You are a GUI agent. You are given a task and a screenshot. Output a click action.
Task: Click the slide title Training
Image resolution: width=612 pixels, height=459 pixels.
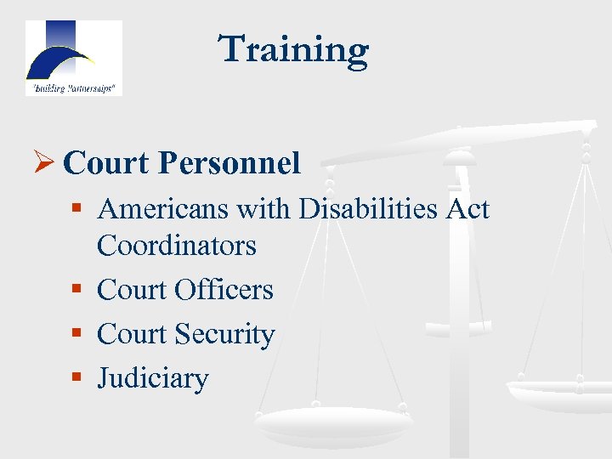click(x=294, y=49)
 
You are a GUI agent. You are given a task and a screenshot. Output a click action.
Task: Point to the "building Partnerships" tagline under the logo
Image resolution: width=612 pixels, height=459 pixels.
click(x=73, y=88)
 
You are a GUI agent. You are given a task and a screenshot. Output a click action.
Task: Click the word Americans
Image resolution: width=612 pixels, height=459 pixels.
click(x=155, y=208)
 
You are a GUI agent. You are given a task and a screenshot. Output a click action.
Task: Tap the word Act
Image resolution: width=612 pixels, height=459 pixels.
click(x=468, y=208)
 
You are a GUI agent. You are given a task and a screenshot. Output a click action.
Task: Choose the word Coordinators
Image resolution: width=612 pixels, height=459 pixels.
click(x=176, y=246)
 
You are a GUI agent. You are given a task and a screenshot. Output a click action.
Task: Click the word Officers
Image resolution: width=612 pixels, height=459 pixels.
click(x=224, y=290)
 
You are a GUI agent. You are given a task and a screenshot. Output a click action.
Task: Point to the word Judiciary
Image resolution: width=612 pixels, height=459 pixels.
click(x=152, y=378)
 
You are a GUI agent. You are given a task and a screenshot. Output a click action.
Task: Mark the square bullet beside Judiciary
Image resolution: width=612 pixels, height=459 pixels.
click(x=78, y=377)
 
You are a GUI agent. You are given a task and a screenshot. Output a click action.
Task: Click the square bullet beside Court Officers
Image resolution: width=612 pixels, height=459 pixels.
click(x=78, y=288)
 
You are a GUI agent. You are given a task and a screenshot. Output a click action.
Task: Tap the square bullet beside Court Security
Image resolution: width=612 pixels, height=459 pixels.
click(x=78, y=332)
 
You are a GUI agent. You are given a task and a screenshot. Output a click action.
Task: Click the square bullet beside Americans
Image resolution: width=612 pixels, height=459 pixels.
click(x=78, y=207)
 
